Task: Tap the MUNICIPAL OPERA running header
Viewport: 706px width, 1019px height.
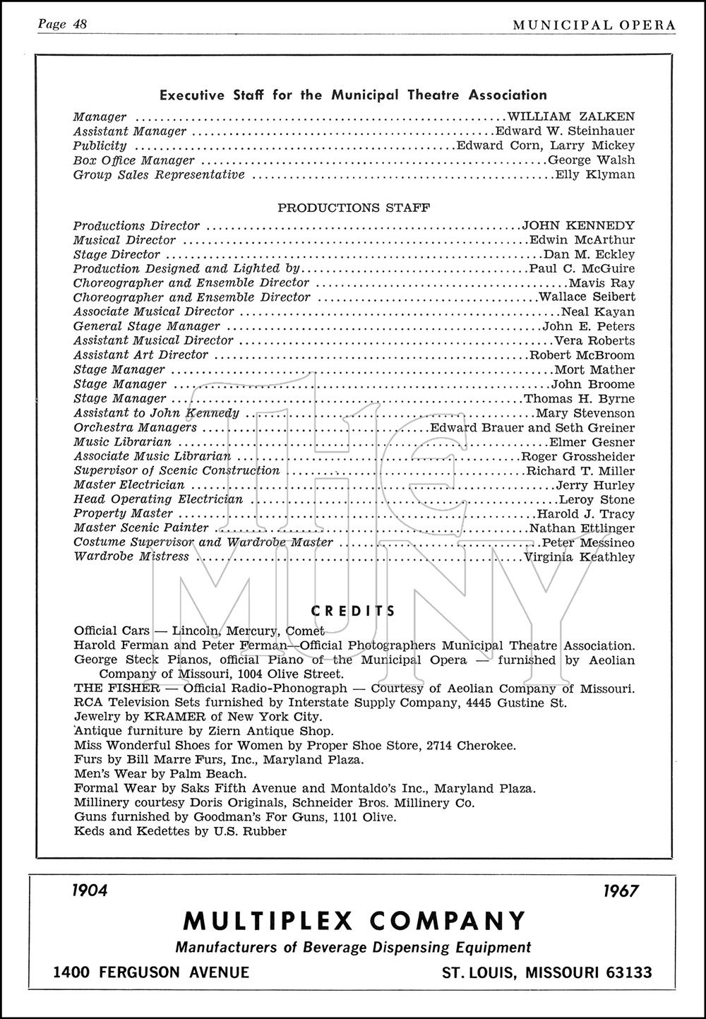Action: (x=594, y=25)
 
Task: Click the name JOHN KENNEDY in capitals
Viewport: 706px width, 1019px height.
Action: (x=578, y=226)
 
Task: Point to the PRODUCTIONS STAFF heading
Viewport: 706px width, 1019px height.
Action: (x=354, y=208)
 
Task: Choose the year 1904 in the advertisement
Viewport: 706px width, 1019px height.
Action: (x=90, y=890)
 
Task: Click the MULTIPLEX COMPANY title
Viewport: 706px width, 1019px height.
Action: (x=354, y=921)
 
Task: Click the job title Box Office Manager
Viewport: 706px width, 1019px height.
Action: (x=124, y=160)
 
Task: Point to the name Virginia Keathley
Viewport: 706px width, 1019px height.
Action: (x=580, y=557)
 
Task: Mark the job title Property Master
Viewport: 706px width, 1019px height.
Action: (x=123, y=514)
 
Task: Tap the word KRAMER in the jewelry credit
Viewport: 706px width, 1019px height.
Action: (x=148, y=717)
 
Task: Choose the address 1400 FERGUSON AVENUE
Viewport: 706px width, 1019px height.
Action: (x=151, y=973)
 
